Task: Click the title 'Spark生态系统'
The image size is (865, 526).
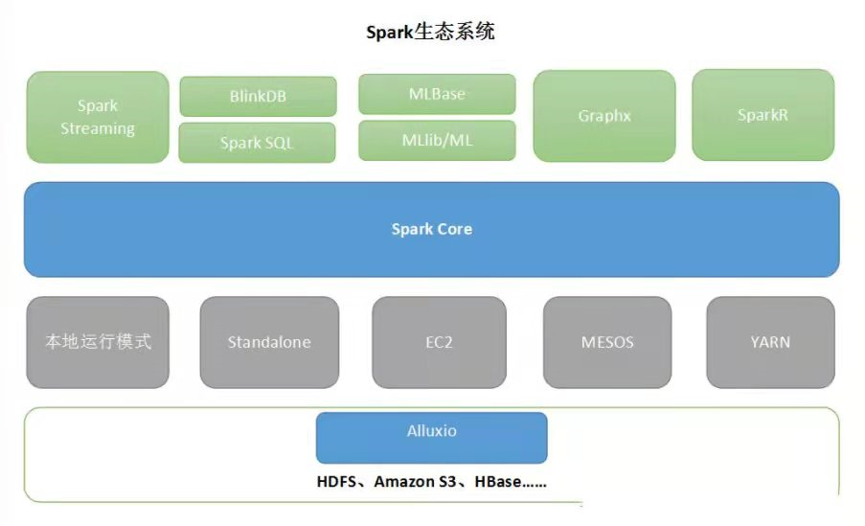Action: (x=430, y=32)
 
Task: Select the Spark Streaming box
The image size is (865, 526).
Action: (x=98, y=117)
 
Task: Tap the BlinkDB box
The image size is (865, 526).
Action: (x=258, y=97)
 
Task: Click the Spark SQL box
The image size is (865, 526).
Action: (x=257, y=143)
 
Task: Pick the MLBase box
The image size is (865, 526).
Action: (x=437, y=94)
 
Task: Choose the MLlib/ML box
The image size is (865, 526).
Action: (x=437, y=140)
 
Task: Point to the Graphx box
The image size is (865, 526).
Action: (x=604, y=116)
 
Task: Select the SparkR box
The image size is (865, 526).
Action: (x=763, y=115)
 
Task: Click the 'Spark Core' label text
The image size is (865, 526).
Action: (x=432, y=229)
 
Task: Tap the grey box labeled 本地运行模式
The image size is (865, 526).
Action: (x=98, y=342)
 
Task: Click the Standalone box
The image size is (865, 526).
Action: (x=269, y=342)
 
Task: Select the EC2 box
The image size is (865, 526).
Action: (x=439, y=342)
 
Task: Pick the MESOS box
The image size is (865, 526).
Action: (x=606, y=342)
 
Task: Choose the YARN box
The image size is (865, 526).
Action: (x=770, y=342)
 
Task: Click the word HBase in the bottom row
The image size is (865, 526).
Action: (x=498, y=482)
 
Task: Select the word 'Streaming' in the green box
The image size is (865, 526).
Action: (x=98, y=128)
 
